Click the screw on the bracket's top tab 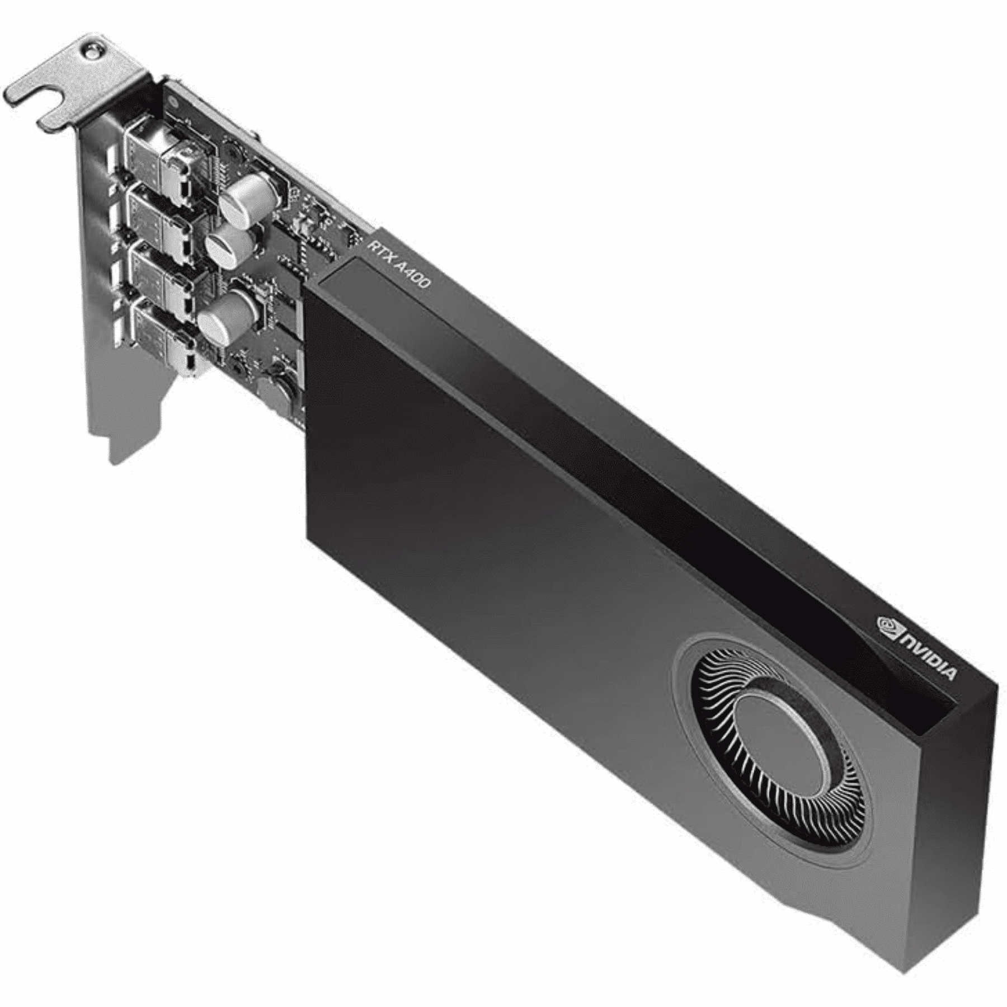click(x=92, y=51)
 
